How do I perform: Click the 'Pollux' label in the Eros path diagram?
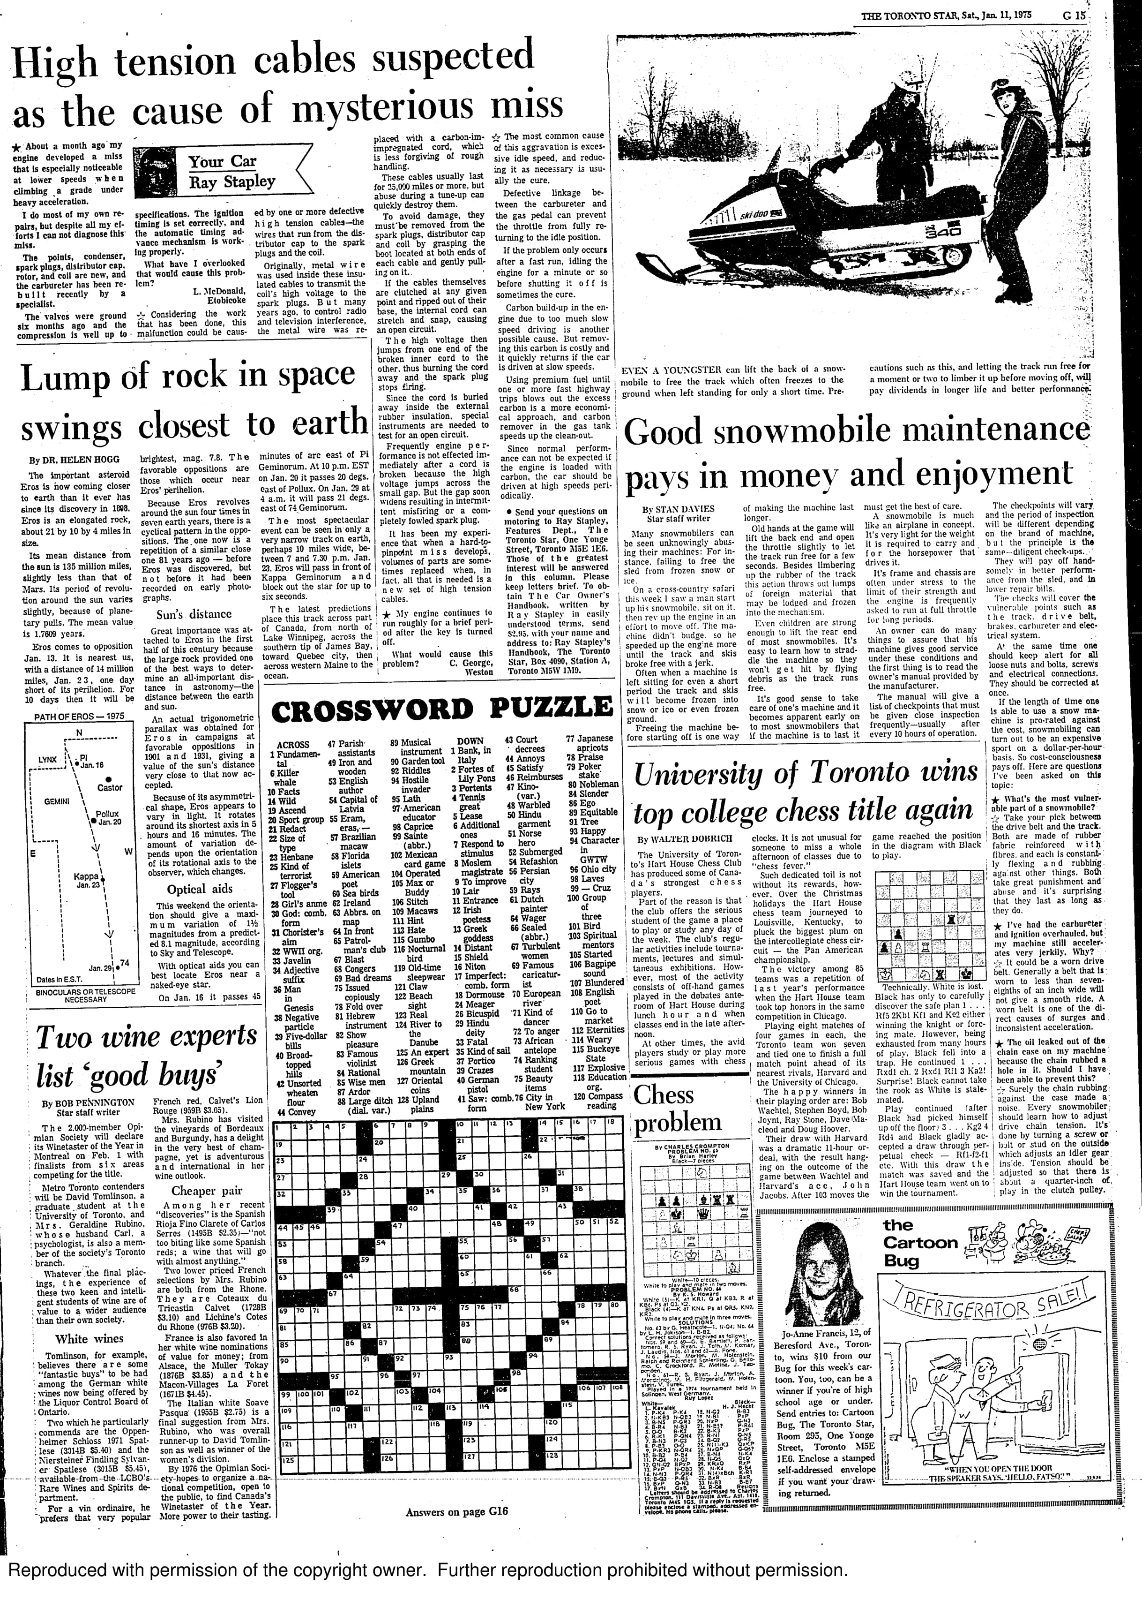[108, 814]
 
